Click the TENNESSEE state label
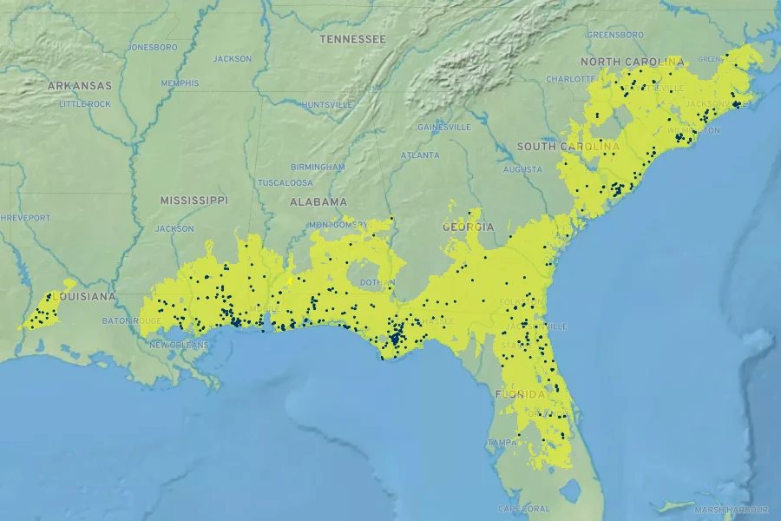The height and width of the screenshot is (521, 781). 352,39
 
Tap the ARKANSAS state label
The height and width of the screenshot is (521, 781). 80,86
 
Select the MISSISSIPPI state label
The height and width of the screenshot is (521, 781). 194,201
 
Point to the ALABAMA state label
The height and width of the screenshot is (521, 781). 318,201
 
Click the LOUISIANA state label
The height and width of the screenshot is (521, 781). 84,297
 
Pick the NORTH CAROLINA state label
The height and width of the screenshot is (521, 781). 632,63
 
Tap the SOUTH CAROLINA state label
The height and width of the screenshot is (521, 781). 568,147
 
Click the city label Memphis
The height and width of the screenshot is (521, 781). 180,83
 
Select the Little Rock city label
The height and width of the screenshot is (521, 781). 85,104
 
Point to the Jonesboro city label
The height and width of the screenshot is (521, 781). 153,47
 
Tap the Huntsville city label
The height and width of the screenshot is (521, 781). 327,104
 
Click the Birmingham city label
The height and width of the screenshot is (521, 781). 318,167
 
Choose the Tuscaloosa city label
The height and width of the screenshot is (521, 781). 285,183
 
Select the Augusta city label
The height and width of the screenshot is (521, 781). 522,169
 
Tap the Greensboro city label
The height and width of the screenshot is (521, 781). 615,35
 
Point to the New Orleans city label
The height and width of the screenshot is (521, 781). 179,345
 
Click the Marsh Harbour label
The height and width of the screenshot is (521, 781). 731,509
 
